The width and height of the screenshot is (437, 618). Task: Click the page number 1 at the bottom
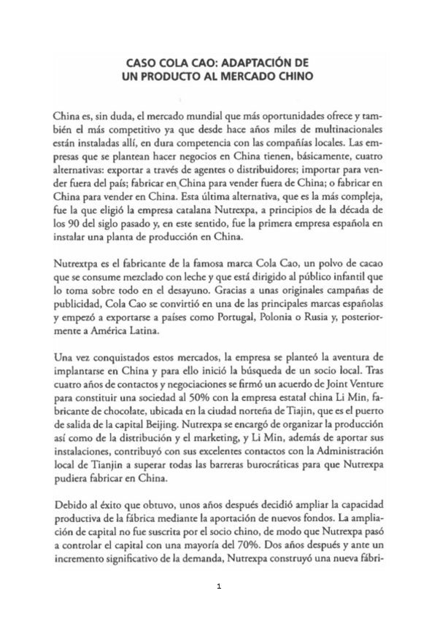tap(219, 585)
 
